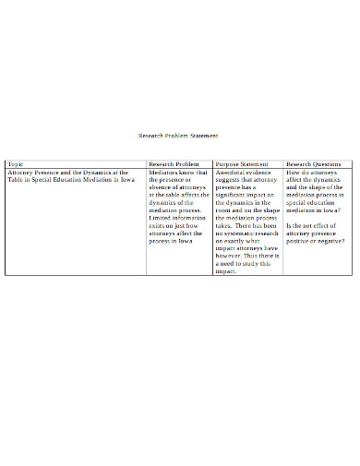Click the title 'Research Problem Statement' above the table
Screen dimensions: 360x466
click(x=178, y=136)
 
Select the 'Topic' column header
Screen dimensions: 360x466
click(x=17, y=163)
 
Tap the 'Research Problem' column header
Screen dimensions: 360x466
click(x=174, y=163)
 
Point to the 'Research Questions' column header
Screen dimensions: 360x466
click(x=314, y=163)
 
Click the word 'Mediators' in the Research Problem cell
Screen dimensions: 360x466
click(x=165, y=172)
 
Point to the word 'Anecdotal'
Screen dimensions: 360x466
click(x=231, y=172)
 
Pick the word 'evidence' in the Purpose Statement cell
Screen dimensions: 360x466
click(x=263, y=172)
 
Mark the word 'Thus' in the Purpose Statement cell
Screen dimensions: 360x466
click(x=263, y=256)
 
